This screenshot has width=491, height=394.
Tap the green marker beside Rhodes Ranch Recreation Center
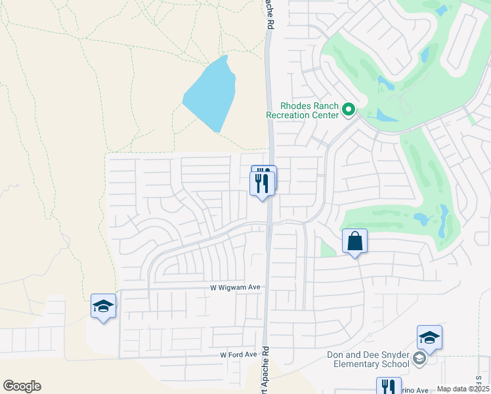coord(349,110)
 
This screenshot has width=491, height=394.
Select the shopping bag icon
coord(354,242)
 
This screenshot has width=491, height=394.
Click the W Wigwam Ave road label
coord(236,288)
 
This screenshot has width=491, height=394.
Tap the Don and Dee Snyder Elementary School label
coord(368,359)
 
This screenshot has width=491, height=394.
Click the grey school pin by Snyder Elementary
coord(420,359)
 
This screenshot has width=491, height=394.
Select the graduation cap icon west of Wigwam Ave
coord(104,307)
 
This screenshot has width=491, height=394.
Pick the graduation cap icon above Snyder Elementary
coord(429,338)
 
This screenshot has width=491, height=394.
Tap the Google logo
coord(22,386)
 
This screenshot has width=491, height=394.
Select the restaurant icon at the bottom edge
coord(388,386)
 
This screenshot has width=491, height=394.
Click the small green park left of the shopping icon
coord(327,248)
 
